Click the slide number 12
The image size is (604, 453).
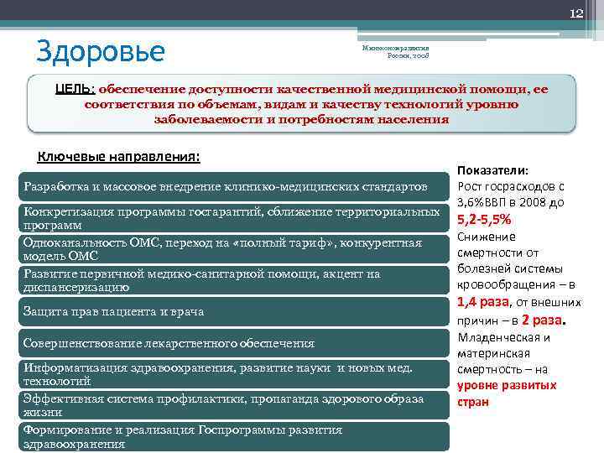(x=576, y=13)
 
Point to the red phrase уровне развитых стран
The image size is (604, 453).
(x=507, y=393)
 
